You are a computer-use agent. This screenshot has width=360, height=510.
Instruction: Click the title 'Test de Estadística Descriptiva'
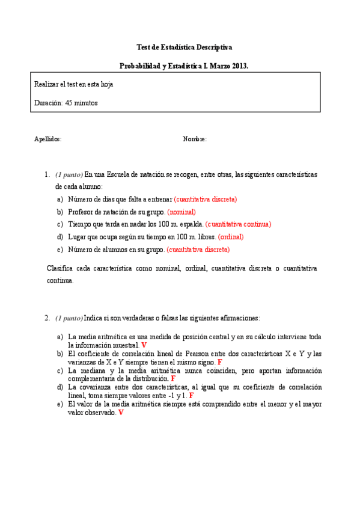[185, 47]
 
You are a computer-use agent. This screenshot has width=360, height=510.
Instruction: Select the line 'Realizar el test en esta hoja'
[74, 84]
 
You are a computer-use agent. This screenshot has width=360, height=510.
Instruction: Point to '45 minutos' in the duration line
[82, 103]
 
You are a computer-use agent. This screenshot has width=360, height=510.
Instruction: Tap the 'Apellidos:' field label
[47, 139]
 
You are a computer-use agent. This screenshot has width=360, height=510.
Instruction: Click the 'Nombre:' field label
[195, 139]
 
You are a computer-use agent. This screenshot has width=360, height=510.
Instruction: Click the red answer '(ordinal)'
[231, 237]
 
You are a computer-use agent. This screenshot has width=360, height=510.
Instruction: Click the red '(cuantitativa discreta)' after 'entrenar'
[206, 199]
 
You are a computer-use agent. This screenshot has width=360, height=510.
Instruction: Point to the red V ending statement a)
[144, 346]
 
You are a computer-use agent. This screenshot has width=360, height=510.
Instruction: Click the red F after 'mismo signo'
[219, 363]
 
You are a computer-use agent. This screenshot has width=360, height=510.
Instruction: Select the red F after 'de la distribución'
[173, 379]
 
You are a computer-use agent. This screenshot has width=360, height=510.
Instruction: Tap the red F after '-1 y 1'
[191, 396]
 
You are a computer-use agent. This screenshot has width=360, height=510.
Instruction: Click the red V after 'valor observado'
[121, 413]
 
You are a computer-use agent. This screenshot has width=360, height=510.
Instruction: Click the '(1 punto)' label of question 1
[69, 174]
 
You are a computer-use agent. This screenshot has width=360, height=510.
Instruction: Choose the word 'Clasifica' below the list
[61, 268]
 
